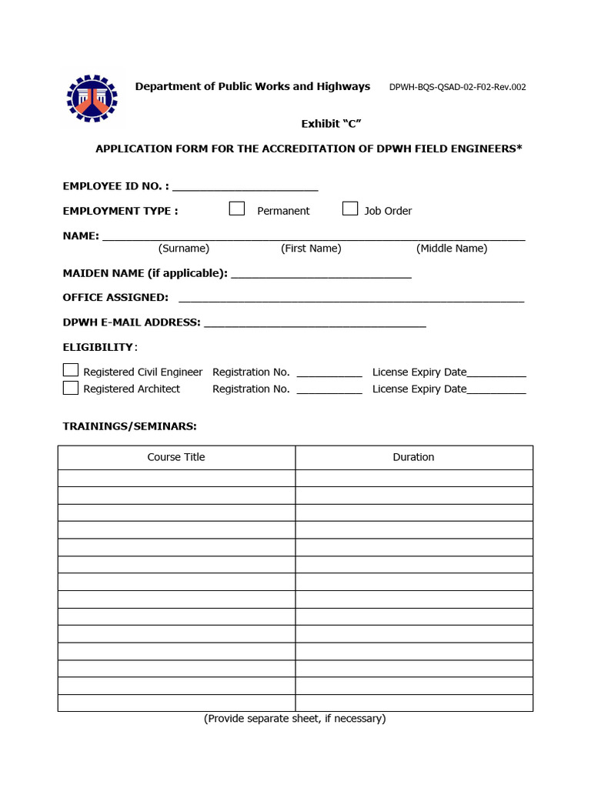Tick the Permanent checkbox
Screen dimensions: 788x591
click(237, 209)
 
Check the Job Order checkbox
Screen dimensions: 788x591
click(350, 209)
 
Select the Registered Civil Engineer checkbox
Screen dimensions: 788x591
click(71, 370)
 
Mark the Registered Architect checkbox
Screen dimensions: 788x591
click(71, 388)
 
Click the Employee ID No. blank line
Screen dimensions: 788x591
click(245, 187)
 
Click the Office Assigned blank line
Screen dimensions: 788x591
click(351, 299)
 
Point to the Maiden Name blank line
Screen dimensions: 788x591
click(321, 275)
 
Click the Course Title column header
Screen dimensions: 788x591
click(176, 457)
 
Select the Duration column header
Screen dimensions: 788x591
click(413, 457)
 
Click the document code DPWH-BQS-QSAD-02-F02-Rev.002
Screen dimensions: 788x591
click(458, 87)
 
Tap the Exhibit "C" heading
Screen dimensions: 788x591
click(331, 124)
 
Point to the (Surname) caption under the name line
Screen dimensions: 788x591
click(184, 249)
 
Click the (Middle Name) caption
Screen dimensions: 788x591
click(452, 249)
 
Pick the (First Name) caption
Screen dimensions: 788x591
click(311, 249)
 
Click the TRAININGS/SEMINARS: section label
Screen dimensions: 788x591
click(129, 426)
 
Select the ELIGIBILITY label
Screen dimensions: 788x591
click(98, 347)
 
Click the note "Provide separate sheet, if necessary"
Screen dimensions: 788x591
click(295, 719)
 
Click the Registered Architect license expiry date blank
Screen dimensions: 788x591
click(496, 392)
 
